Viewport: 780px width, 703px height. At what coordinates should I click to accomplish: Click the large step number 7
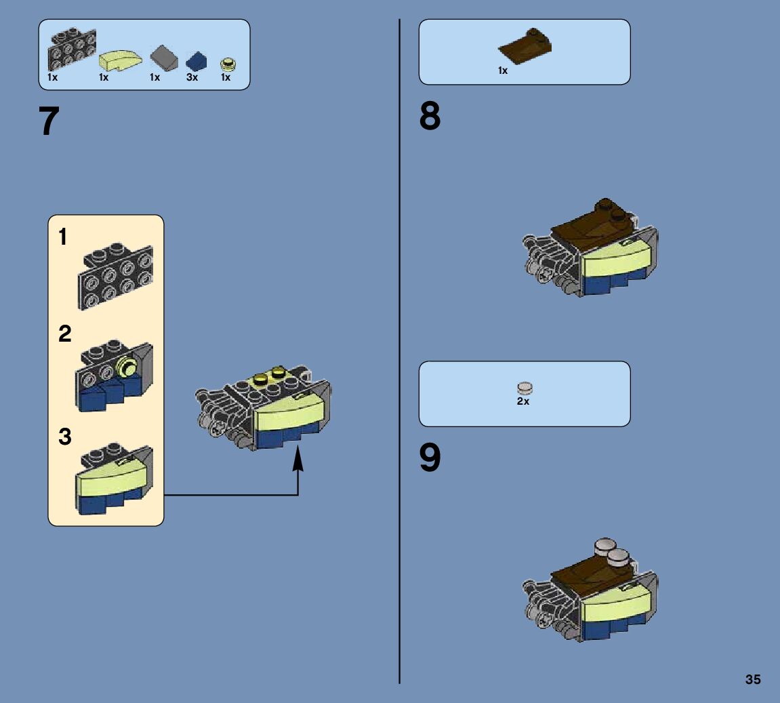(x=49, y=122)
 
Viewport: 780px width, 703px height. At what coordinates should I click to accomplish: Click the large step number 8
(x=430, y=117)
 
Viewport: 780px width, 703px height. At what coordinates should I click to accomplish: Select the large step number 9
(x=430, y=459)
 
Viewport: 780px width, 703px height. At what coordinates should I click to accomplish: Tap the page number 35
(x=753, y=679)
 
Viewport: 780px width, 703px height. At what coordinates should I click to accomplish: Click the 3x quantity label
(x=192, y=78)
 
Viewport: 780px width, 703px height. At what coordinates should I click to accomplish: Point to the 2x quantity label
(x=523, y=401)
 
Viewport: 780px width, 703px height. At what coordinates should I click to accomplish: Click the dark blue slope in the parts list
(x=196, y=61)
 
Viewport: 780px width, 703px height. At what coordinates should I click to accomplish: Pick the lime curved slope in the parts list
(x=120, y=61)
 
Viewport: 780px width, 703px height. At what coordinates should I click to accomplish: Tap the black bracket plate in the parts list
(x=71, y=49)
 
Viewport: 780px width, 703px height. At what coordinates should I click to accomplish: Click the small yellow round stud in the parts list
(x=228, y=64)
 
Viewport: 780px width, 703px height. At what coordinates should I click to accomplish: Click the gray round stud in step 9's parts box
(x=525, y=388)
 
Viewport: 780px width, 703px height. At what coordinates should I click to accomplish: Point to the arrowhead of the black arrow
(x=297, y=461)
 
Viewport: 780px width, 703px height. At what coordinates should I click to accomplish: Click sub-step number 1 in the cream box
(x=63, y=237)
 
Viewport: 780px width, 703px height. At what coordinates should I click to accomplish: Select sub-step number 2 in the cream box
(x=64, y=334)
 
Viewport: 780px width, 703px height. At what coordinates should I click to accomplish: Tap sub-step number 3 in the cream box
(x=64, y=437)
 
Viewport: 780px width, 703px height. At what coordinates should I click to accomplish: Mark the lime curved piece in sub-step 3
(x=112, y=478)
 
